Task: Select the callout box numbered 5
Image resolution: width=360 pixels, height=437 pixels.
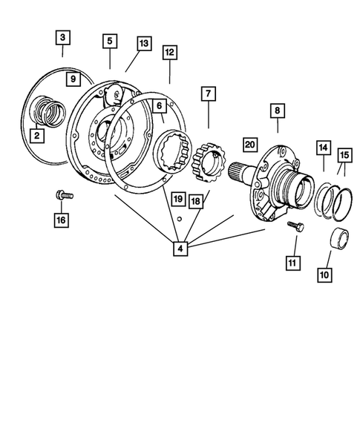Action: (110, 42)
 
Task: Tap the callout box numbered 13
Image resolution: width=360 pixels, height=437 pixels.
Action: (144, 44)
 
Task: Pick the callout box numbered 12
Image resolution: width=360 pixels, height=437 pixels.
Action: (170, 53)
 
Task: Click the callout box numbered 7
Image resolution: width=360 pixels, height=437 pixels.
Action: (207, 94)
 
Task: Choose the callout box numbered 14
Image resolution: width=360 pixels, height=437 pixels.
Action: (323, 148)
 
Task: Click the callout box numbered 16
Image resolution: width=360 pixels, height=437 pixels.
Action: (61, 220)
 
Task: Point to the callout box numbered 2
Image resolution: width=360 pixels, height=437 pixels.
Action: (35, 135)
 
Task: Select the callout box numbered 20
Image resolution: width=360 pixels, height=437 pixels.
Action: (249, 145)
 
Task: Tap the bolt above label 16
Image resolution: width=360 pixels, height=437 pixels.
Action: (62, 197)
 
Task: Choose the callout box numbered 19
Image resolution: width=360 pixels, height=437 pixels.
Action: (177, 199)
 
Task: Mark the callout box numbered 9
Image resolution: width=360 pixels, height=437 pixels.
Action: (72, 79)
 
